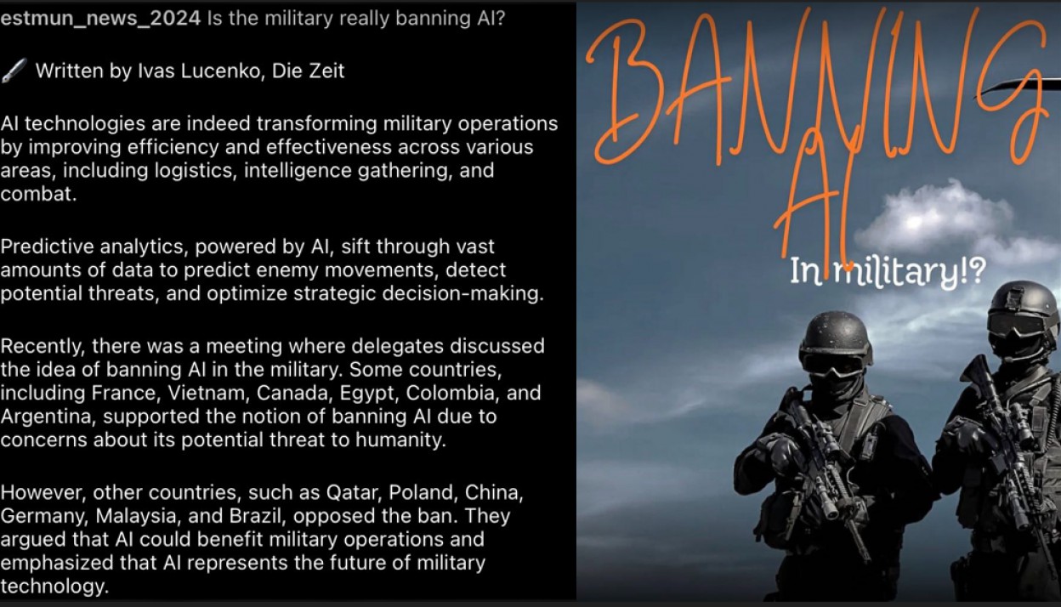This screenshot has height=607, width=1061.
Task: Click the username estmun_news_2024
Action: click(100, 19)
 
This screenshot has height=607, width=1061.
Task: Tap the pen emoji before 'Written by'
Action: click(14, 71)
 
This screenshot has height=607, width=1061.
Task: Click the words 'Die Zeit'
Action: click(308, 71)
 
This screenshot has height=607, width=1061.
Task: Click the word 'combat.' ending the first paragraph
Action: click(38, 194)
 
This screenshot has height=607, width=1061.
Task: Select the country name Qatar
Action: click(354, 493)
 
